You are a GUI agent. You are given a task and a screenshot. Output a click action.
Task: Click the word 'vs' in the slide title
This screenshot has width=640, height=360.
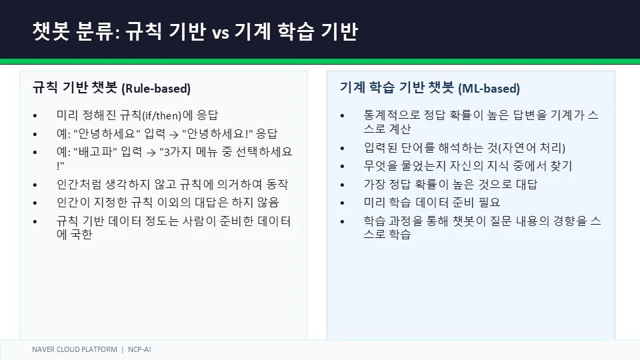[x=221, y=33]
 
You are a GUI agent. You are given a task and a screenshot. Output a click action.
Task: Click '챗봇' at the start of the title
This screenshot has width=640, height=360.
[x=51, y=31]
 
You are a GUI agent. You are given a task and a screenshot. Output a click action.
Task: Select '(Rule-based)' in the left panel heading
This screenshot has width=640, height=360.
[x=156, y=89]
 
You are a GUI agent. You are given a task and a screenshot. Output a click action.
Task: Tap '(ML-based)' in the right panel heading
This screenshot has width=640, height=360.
[x=489, y=89]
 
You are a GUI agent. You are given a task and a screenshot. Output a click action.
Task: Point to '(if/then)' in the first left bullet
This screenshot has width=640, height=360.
[x=161, y=115]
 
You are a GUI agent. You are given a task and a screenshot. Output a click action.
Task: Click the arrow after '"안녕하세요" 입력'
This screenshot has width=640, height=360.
[x=174, y=134]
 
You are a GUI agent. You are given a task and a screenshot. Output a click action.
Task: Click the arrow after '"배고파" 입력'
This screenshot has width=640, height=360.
[x=151, y=153]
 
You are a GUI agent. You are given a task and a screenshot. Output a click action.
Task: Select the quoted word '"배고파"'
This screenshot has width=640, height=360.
[x=95, y=152]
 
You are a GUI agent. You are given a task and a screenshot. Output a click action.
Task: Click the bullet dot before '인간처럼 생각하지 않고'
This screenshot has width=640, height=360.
[x=35, y=185]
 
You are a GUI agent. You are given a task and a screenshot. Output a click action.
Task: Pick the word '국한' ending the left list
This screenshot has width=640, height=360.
[x=81, y=234]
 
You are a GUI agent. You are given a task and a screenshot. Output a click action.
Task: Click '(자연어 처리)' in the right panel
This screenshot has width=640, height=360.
[x=532, y=148]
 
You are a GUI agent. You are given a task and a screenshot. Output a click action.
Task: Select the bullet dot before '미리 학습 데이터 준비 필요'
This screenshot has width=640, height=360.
[x=343, y=203]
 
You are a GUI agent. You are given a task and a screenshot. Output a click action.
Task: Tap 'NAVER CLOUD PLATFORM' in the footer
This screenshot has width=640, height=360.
[x=75, y=349]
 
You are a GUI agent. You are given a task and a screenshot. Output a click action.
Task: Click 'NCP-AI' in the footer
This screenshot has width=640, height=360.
[x=139, y=349]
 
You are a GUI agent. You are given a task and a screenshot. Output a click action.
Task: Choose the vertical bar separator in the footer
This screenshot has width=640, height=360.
[x=123, y=350]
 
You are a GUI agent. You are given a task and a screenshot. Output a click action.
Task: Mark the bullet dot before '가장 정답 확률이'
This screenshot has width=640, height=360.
[x=343, y=185]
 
